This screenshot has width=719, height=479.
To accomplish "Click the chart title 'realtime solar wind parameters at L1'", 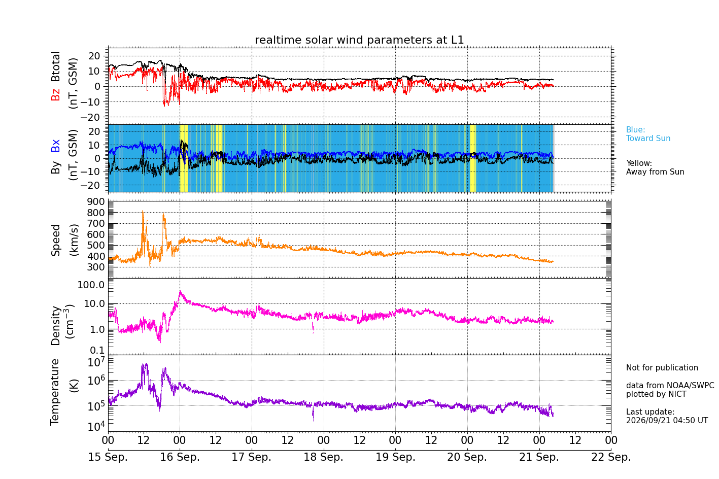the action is tap(359, 40).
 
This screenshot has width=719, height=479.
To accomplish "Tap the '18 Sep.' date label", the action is tap(324, 457).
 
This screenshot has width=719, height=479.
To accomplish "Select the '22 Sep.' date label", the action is tap(611, 457).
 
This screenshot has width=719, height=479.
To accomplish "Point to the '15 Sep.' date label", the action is tap(108, 457).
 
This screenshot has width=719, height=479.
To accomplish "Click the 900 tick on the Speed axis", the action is tap(96, 202).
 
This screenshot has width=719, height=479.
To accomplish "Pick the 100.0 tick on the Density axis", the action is tap(91, 285).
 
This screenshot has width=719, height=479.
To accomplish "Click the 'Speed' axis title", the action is tap(55, 240).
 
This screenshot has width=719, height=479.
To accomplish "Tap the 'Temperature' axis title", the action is tap(55, 392).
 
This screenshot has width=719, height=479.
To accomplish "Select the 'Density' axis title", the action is tap(55, 325).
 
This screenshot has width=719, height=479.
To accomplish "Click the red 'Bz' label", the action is tap(55, 94).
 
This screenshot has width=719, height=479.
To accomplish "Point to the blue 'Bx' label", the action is tap(55, 146).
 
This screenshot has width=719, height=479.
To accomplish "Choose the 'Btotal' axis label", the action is tap(55, 66).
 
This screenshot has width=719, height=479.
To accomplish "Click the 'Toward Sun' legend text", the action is tap(648, 139).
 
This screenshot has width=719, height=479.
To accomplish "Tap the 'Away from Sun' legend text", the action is tap(655, 172).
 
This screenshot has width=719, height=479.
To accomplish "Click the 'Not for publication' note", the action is tap(662, 367).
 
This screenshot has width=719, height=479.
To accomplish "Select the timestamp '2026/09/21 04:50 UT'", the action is tap(667, 420).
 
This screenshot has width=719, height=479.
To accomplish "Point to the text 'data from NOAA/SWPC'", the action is tap(670, 385).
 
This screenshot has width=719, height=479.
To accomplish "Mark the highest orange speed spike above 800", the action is tap(143, 211).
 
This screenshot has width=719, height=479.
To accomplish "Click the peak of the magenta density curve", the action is tap(180, 291).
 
